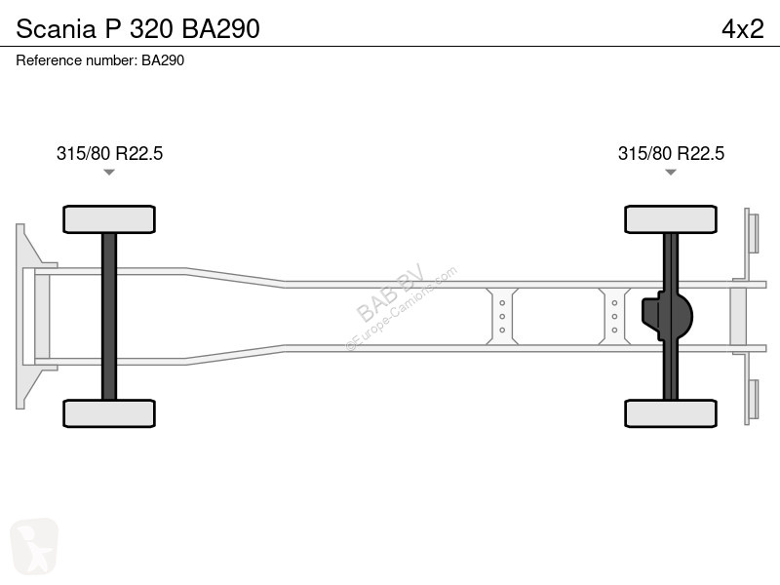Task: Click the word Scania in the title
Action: click(56, 28)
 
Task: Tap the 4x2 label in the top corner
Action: click(743, 28)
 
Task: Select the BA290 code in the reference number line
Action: click(163, 60)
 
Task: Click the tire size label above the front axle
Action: click(109, 153)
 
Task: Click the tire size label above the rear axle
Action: click(671, 153)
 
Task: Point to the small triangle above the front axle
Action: click(109, 173)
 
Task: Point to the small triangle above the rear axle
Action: click(671, 173)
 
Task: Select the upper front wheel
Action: click(109, 219)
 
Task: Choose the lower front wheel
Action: click(109, 413)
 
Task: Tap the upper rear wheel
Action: click(671, 219)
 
